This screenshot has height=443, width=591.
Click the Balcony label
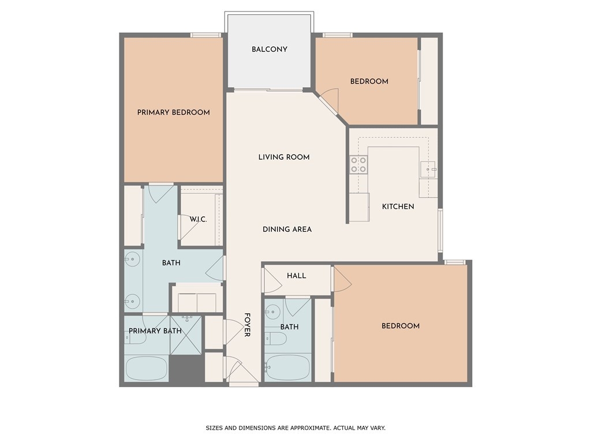[270, 50]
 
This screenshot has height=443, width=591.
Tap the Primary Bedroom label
[173, 112]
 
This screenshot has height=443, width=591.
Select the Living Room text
[284, 157]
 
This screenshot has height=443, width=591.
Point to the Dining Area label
[287, 229]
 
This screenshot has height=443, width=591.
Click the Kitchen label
[398, 207]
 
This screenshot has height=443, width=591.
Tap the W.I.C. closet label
[199, 219]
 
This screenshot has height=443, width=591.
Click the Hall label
[296, 276]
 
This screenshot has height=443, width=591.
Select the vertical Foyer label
[247, 325]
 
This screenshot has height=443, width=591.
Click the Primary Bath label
[155, 331]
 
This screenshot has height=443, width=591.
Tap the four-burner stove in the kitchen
[358, 165]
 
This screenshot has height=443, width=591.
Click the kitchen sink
[429, 170]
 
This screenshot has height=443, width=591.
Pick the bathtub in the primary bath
[146, 369]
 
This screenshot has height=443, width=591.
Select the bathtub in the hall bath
[287, 367]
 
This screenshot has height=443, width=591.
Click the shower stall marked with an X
[186, 335]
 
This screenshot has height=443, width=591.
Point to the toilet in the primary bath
[135, 338]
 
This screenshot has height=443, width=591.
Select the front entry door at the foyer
[233, 370]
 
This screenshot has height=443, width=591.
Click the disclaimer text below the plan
[295, 428]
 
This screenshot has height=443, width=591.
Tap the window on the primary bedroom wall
[205, 35]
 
